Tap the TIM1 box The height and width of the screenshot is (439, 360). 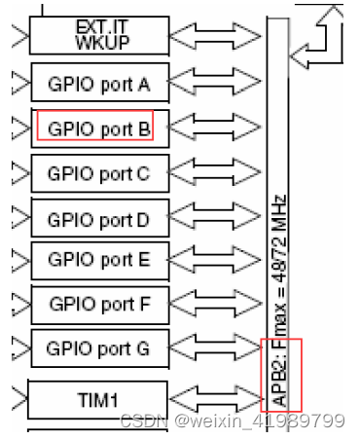98,398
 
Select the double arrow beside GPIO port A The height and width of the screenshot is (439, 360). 216,84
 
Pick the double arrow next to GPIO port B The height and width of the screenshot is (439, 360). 216,128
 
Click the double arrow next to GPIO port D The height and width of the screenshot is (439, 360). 216,218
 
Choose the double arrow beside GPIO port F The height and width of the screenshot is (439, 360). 216,305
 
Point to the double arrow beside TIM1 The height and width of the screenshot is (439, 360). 216,399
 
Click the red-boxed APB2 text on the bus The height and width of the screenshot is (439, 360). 282,375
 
